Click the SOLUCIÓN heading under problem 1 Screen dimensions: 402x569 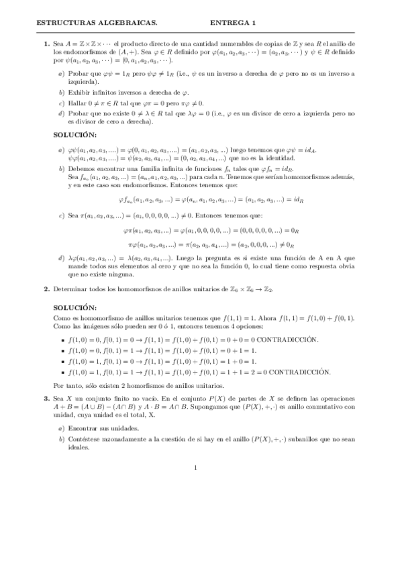(75, 135)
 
